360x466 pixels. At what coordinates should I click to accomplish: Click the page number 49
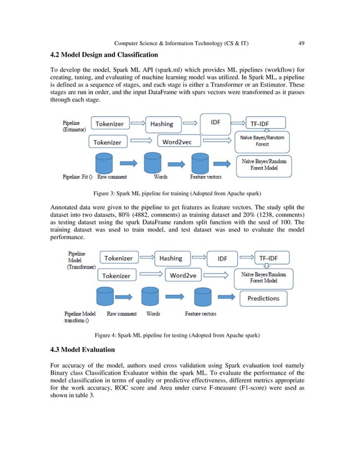(x=302, y=43)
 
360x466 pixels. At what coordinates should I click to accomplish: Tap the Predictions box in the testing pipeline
(x=263, y=298)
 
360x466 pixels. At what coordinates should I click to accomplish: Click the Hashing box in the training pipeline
(x=162, y=124)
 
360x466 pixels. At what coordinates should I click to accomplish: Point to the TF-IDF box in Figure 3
(x=265, y=122)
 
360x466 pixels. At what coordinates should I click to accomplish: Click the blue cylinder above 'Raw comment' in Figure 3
(x=104, y=163)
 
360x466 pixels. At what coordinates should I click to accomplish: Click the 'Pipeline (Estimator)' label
(x=74, y=125)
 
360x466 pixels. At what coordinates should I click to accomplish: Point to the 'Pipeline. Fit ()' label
(x=75, y=177)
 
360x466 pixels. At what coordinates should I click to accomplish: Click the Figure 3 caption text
(x=179, y=192)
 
